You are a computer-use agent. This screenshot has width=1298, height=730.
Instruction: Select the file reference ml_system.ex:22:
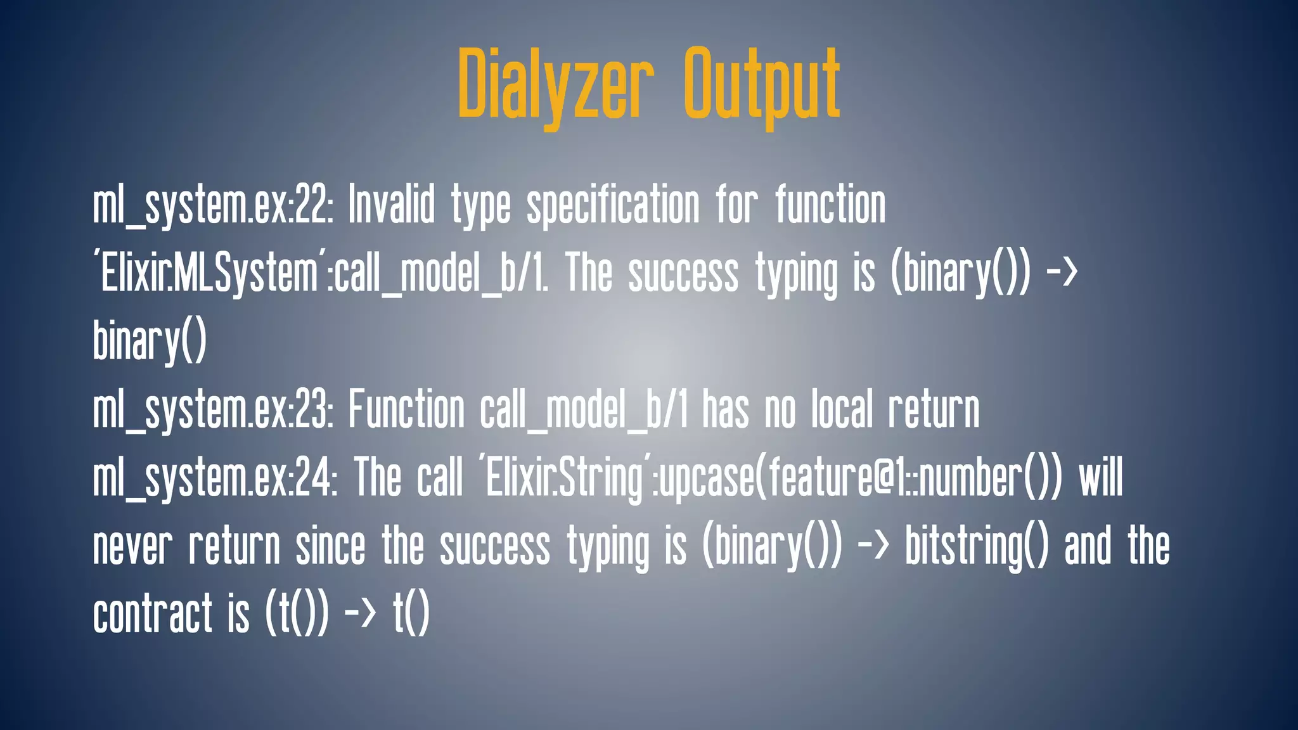(213, 205)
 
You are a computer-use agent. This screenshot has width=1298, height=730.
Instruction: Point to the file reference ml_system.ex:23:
(213, 410)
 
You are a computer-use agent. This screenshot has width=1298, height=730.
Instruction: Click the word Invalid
(392, 205)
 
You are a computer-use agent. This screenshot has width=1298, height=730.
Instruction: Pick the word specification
(614, 205)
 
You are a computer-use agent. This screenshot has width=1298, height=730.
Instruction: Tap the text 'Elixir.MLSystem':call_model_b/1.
(321, 274)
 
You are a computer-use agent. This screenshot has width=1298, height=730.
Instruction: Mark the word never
(132, 546)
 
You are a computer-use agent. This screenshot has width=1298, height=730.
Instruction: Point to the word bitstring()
(977, 546)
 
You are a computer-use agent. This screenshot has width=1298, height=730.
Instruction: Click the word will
(1101, 478)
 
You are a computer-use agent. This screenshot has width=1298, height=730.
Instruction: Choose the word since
(330, 546)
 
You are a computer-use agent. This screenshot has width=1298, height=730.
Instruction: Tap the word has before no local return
(725, 410)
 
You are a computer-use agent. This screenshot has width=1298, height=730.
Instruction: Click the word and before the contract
(1088, 546)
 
